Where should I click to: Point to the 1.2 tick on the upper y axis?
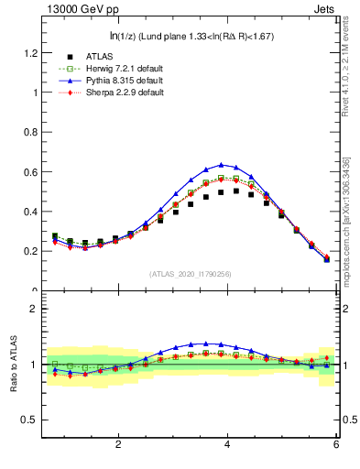(x=30, y=53)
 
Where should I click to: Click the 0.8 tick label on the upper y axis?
(x=30, y=132)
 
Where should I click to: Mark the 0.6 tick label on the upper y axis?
(x=30, y=172)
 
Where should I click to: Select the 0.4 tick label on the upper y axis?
(x=30, y=212)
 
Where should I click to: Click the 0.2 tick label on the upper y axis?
(x=30, y=251)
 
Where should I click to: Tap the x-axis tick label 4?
(x=227, y=445)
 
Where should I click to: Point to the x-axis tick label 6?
(x=336, y=445)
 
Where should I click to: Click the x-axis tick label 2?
(x=118, y=445)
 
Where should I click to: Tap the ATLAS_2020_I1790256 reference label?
(x=190, y=274)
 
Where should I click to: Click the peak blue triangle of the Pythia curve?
(x=221, y=165)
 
